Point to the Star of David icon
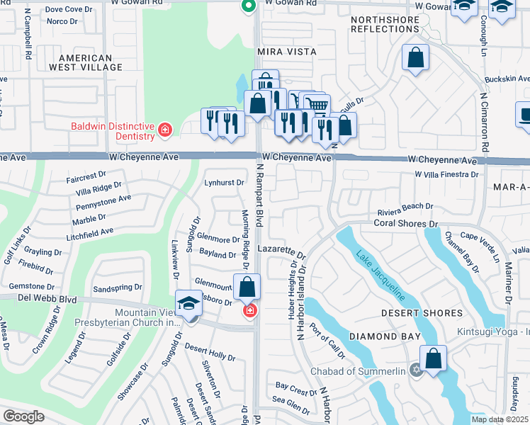coord(416,369)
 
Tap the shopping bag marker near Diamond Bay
coord(434,358)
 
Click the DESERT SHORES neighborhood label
coord(421,313)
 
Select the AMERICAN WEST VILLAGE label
coord(86,62)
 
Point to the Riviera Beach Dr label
coord(405,206)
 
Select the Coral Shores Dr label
coord(406,224)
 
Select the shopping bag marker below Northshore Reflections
coord(416,57)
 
